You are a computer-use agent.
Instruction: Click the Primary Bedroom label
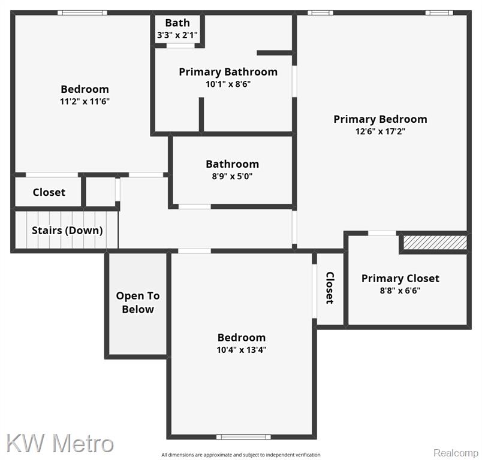pyautogui.click(x=380, y=119)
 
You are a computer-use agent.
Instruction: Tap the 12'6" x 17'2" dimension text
pyautogui.click(x=380, y=131)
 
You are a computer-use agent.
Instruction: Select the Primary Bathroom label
pyautogui.click(x=228, y=72)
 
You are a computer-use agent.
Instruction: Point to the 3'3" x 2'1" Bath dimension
pyautogui.click(x=177, y=35)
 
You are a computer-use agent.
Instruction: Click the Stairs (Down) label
pyautogui.click(x=67, y=231)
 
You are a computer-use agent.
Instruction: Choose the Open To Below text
pyautogui.click(x=138, y=302)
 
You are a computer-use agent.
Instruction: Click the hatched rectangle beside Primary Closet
pyautogui.click(x=435, y=243)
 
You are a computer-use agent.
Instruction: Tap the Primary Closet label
pyautogui.click(x=400, y=279)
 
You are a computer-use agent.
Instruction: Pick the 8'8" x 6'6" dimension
pyautogui.click(x=400, y=290)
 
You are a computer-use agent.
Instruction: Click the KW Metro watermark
pyautogui.click(x=60, y=443)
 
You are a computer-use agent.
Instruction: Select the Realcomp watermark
pyautogui.click(x=456, y=453)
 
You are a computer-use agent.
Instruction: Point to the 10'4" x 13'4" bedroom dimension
pyautogui.click(x=242, y=350)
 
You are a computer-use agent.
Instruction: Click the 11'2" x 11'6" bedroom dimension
pyautogui.click(x=85, y=101)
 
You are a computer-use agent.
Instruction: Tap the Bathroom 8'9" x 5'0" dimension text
pyautogui.click(x=232, y=176)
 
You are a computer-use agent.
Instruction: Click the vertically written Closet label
pyautogui.click(x=330, y=287)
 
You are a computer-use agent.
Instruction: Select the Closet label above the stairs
pyautogui.click(x=49, y=192)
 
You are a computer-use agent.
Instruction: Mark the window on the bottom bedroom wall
pyautogui.click(x=243, y=437)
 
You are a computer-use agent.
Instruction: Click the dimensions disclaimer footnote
pyautogui.click(x=241, y=455)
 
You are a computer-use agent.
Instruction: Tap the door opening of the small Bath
pyautogui.click(x=180, y=46)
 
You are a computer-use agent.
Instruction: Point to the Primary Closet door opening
pyautogui.click(x=382, y=234)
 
